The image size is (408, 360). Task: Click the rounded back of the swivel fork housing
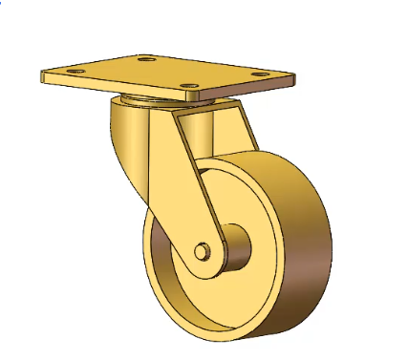122,143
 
